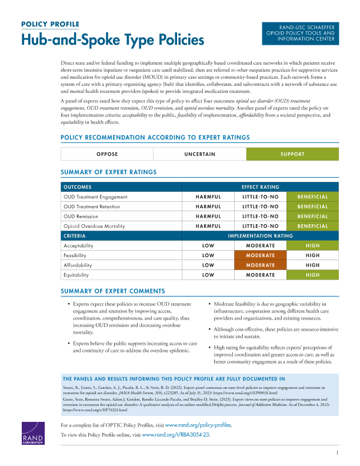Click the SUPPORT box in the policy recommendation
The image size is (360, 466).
click(292, 154)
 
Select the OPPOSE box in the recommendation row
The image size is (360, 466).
click(107, 154)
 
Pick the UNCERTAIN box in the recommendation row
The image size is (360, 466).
click(199, 154)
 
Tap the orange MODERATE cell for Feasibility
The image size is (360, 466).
click(260, 255)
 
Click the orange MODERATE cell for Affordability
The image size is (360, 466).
click(260, 265)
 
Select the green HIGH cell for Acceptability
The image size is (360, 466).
click(312, 246)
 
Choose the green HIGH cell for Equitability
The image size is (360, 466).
click(312, 275)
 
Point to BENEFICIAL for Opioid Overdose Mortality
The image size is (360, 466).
click(312, 226)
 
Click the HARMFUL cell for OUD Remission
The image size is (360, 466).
click(208, 217)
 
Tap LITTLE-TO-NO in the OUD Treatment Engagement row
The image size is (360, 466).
click(260, 197)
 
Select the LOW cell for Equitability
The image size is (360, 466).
click(208, 275)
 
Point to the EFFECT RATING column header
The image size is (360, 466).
click(260, 187)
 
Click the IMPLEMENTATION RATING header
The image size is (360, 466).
click(260, 236)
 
